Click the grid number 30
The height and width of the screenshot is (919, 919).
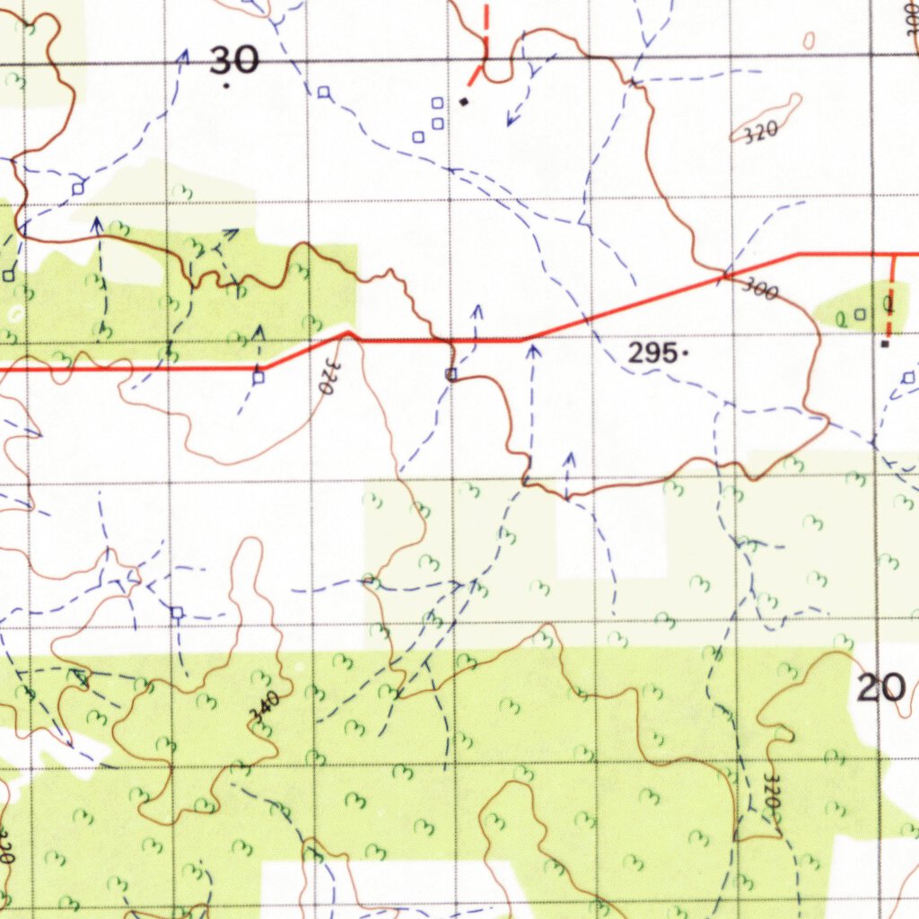click(x=234, y=61)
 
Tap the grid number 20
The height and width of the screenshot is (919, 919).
click(x=880, y=688)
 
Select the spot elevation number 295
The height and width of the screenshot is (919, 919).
click(x=652, y=354)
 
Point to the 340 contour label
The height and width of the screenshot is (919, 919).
click(x=265, y=707)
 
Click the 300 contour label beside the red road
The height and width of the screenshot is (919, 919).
click(x=761, y=289)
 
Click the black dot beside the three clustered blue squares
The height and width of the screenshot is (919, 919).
click(x=463, y=101)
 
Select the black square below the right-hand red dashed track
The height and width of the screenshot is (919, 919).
click(x=885, y=343)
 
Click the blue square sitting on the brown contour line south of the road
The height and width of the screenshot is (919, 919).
click(x=451, y=373)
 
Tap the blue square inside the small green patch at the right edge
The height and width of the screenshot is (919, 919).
click(x=860, y=314)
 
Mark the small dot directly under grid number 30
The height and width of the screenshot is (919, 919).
click(x=226, y=86)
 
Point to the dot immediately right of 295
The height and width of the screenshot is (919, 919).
click(x=686, y=354)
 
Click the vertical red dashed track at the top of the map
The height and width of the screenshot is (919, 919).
click(x=486, y=27)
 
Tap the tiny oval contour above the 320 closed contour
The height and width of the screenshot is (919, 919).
click(x=810, y=40)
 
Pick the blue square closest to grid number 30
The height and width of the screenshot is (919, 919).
click(x=324, y=92)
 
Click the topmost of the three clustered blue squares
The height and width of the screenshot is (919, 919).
click(x=438, y=104)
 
